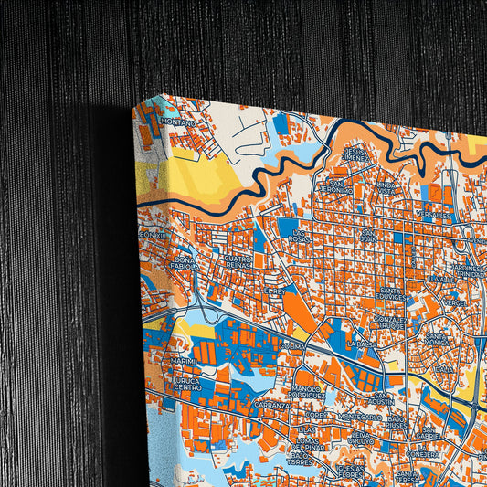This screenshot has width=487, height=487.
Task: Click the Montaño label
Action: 179,121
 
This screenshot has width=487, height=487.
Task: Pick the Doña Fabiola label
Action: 185,263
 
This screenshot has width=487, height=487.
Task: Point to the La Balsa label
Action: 360,344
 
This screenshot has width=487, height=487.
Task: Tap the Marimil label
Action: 183,361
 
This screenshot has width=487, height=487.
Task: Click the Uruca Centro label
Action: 187,384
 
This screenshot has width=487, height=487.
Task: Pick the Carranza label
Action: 272,404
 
